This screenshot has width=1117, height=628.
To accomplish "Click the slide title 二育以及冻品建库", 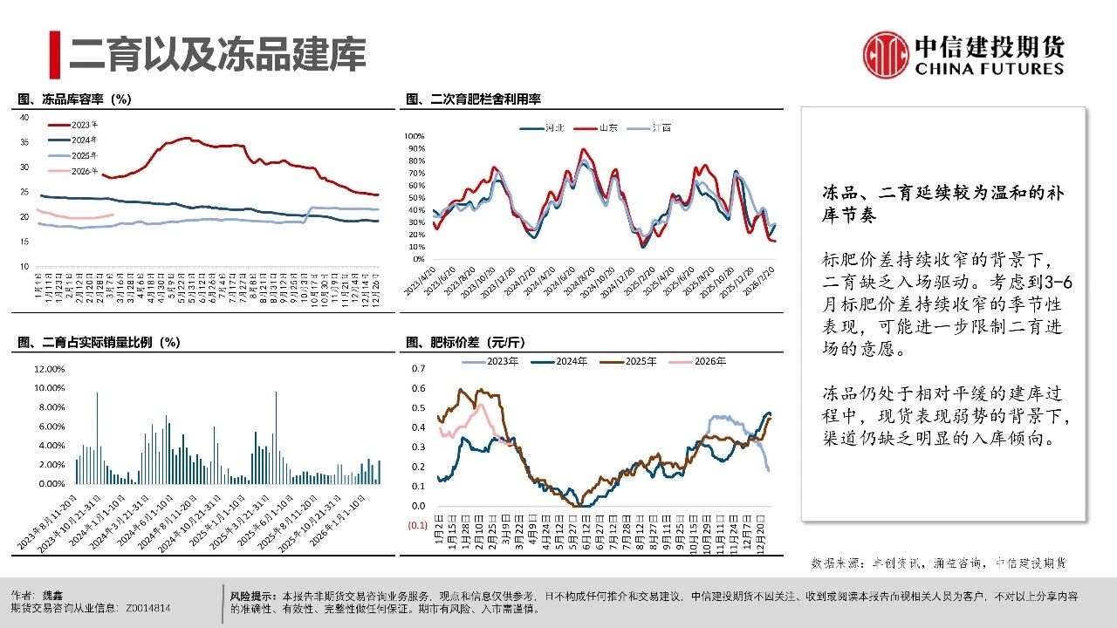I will coord(217,53).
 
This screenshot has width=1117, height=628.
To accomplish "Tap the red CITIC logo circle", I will coord(886,54).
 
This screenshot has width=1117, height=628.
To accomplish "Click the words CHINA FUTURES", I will coord(989,69).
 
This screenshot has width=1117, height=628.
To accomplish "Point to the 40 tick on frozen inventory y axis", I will coord(24,117).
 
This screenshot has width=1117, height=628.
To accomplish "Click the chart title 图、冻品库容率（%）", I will coord(74,99).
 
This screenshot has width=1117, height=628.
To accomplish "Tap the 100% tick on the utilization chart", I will coord(414,137).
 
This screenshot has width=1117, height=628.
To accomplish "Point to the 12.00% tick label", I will coord(49,369).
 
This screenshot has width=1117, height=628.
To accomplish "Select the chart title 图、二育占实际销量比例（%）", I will coord(99,342).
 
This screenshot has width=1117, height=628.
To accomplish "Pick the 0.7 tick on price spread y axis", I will coord(418,369).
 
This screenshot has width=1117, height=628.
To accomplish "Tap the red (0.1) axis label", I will coord(416,525).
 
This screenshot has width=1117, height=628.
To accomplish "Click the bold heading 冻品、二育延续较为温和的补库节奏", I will coord(943,203).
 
